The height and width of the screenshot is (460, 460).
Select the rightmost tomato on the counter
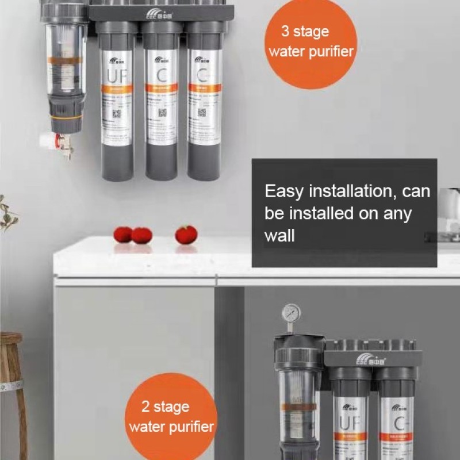[186, 235]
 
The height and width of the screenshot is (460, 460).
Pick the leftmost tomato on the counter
[122, 234]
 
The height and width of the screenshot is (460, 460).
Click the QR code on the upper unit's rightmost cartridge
[202, 112]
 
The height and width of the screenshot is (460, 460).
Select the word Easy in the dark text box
[284, 191]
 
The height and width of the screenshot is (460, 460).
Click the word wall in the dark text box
[279, 235]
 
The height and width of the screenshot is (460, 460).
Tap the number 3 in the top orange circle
[285, 31]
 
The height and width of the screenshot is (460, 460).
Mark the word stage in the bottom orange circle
[172, 408]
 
